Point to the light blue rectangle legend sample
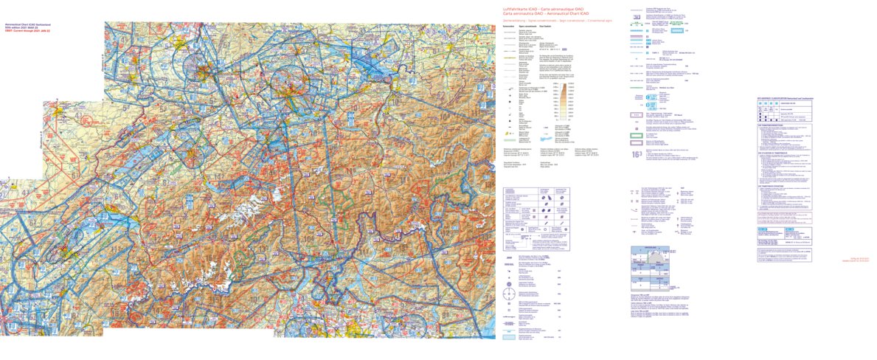tap(508, 337)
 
